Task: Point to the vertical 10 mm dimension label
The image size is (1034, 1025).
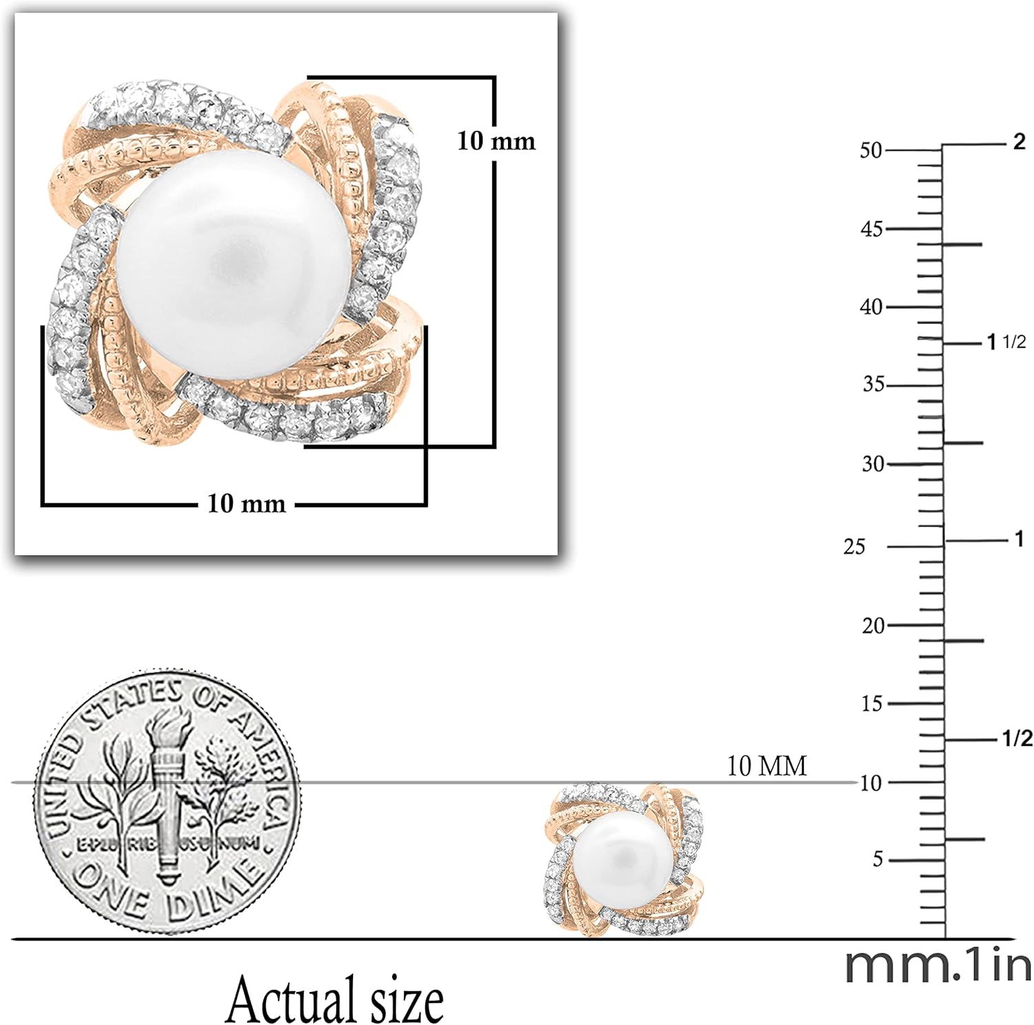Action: point(496,141)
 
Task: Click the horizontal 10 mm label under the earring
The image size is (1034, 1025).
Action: point(247,504)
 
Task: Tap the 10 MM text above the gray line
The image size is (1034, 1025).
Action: point(767,765)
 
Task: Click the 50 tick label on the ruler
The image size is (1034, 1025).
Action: point(871,149)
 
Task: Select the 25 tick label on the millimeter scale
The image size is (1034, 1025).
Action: point(854,546)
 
